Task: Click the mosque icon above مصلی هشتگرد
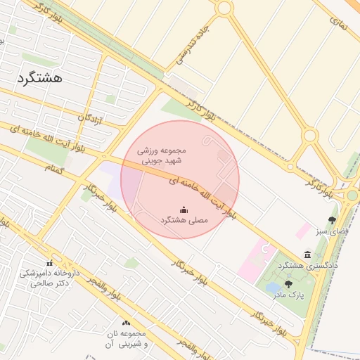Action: (x=184, y=209)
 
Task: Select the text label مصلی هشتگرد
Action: (x=184, y=220)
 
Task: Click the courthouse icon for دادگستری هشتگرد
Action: (x=307, y=255)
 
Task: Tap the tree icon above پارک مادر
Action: (x=288, y=284)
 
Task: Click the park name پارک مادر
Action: (x=290, y=295)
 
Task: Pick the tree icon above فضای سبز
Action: (x=332, y=220)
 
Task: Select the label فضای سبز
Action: (x=331, y=231)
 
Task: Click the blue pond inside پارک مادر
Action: (x=271, y=288)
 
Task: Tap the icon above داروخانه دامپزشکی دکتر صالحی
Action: (x=49, y=262)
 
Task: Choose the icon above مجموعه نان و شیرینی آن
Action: (x=126, y=322)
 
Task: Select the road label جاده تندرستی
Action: (x=194, y=49)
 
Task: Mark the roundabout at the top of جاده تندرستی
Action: (x=224, y=8)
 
